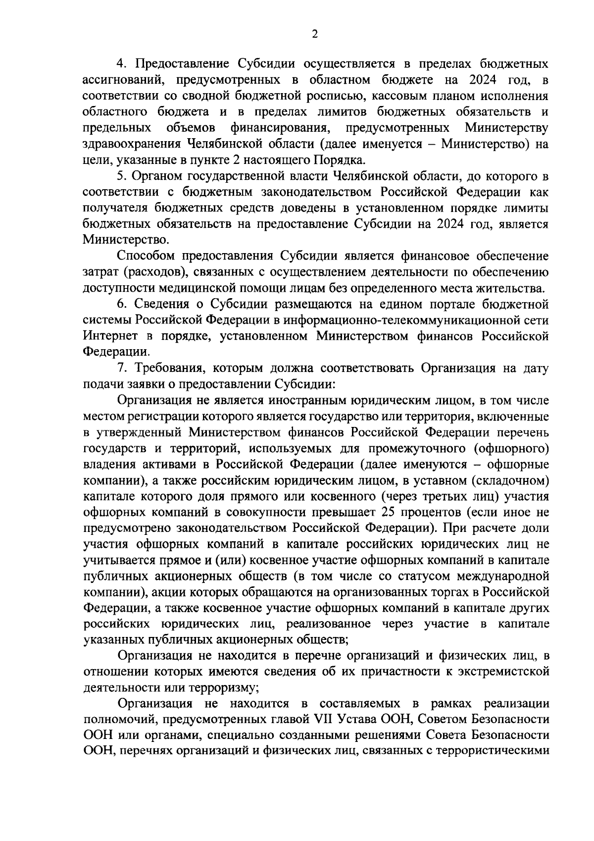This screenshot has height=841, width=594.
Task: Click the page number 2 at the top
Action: pyautogui.click(x=315, y=34)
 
